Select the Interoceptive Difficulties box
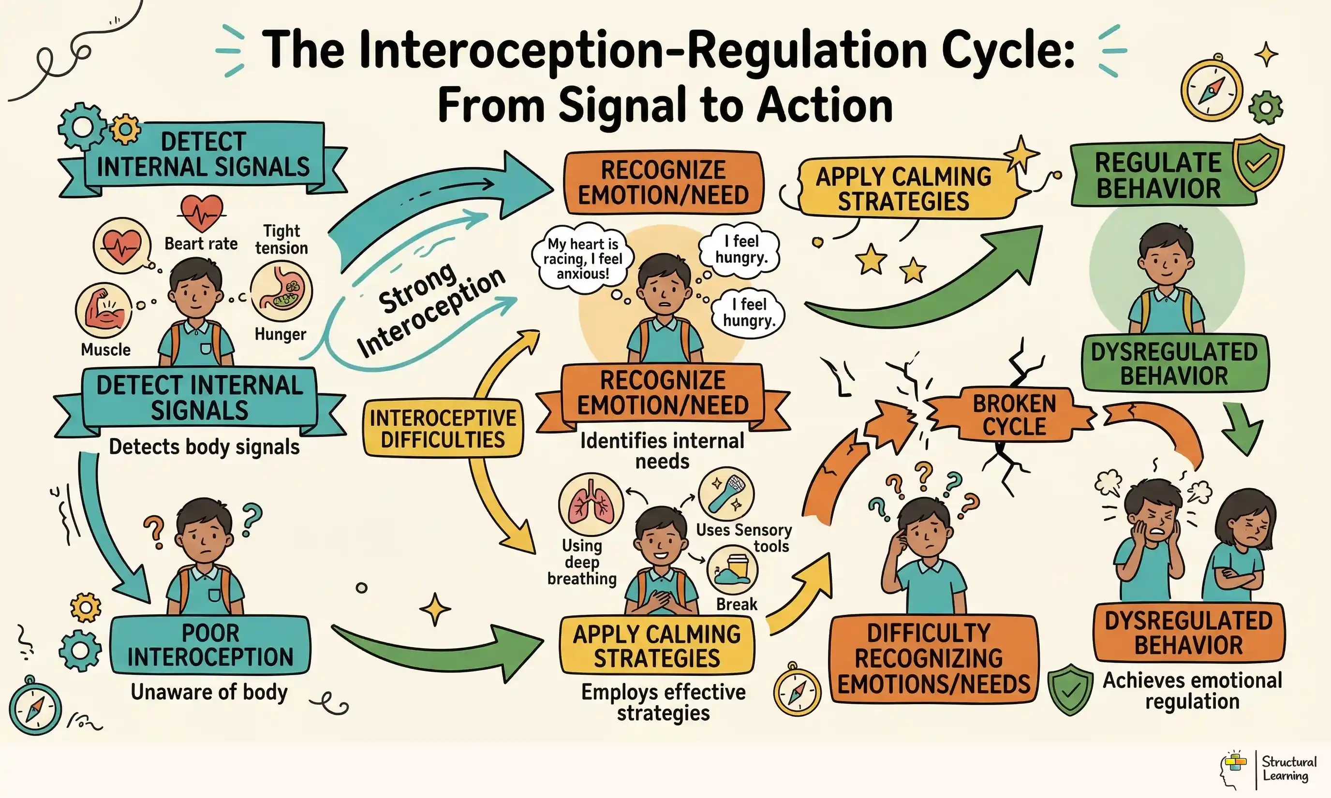(443, 429)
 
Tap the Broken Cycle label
(1014, 415)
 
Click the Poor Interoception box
(210, 645)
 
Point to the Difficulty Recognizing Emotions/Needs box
(933, 659)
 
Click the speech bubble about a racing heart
(583, 259)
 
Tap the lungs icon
(591, 505)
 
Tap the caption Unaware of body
(209, 692)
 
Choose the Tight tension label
(281, 239)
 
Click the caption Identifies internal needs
(662, 450)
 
